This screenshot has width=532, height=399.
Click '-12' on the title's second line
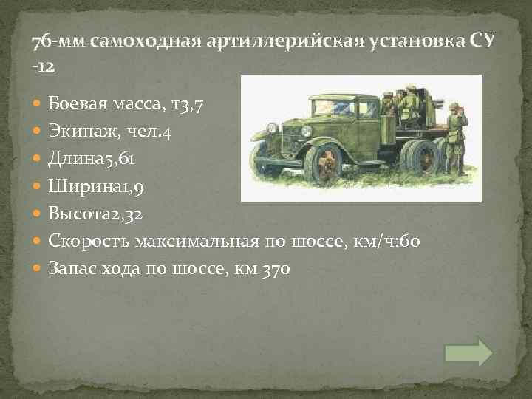coord(43,66)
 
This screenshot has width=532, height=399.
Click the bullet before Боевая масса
coord(38,104)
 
